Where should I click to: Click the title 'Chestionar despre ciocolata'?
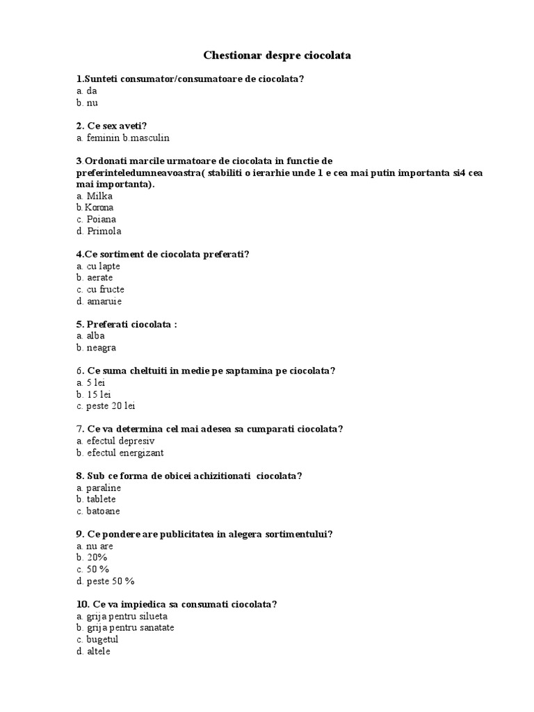[277, 54]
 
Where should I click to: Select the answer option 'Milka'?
[99, 196]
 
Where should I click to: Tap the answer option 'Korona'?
[99, 207]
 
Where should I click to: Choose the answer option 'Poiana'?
[100, 219]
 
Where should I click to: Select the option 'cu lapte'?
[104, 266]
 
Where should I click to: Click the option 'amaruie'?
[104, 301]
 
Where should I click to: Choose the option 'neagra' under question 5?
[102, 348]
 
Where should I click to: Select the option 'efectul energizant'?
[125, 453]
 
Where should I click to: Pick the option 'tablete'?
[102, 499]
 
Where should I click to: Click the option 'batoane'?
[103, 511]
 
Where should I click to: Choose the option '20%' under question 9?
[97, 558]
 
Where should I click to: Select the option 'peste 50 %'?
[110, 581]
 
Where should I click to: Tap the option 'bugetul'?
[103, 640]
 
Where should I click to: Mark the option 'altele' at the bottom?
[99, 652]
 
